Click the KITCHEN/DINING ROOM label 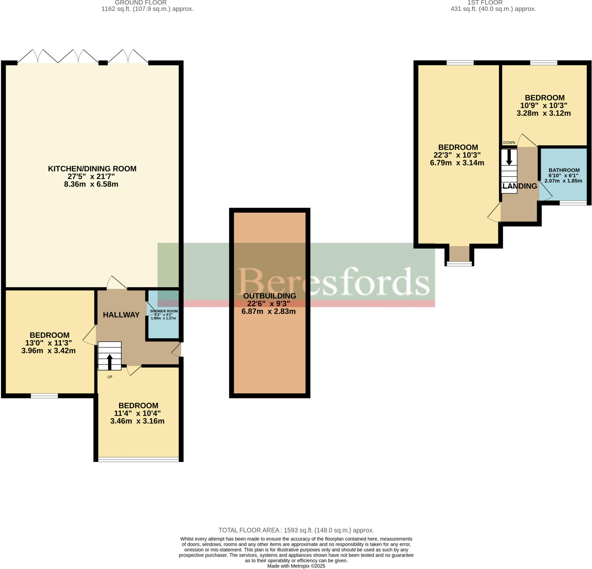coord(92,168)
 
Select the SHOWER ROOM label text coord(164,311)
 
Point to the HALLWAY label coord(121,315)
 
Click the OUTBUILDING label coord(269,296)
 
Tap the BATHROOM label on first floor coord(564,170)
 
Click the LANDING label coord(519,186)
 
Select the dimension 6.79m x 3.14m coord(457,163)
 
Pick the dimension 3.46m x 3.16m coord(137,421)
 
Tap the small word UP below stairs coord(110,377)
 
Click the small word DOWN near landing coord(509,142)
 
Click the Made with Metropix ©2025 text coord(296,566)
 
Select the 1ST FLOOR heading coord(493,3)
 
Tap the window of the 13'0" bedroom coord(44,395)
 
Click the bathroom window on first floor coord(573,203)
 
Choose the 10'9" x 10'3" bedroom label coord(545,98)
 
